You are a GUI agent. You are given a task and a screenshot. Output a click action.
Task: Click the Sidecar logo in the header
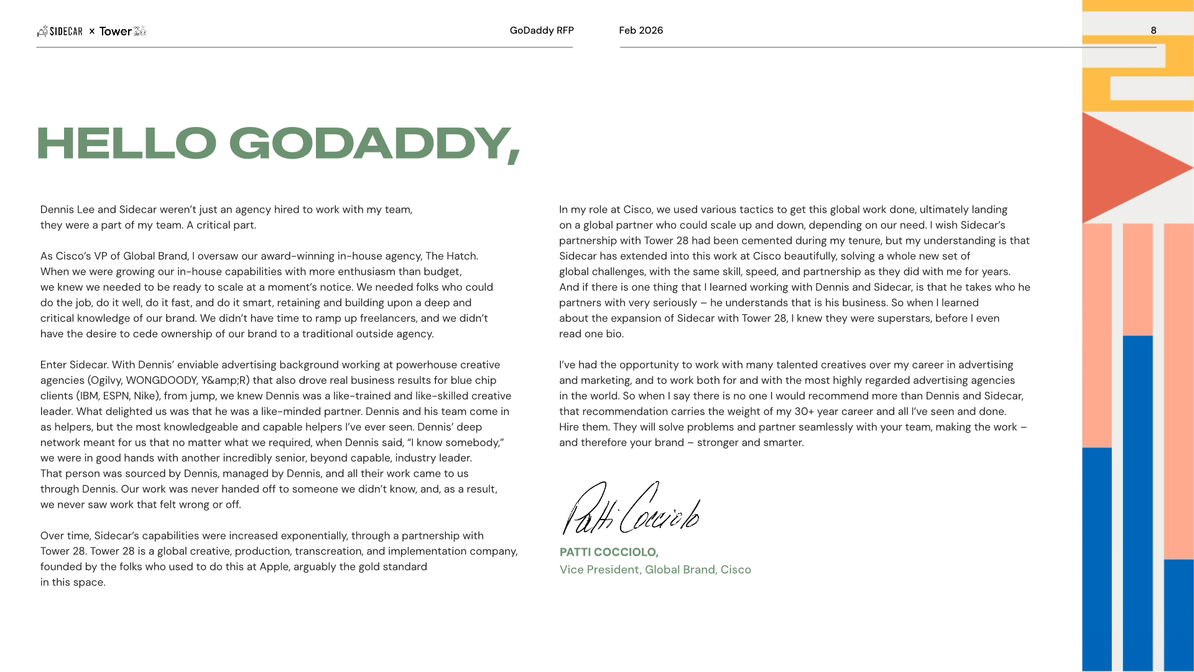tap(60, 31)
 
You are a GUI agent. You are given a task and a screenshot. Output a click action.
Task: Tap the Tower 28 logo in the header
tap(123, 31)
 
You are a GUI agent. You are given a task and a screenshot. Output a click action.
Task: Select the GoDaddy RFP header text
tap(541, 30)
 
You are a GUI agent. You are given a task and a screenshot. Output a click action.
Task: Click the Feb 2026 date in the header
tap(641, 30)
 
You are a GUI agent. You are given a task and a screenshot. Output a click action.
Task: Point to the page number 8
tap(1153, 30)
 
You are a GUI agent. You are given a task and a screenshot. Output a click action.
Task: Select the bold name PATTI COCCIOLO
tap(608, 552)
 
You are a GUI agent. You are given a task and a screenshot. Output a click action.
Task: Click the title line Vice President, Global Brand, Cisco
tap(655, 569)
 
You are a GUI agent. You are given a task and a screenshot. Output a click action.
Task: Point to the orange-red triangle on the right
tap(1126, 168)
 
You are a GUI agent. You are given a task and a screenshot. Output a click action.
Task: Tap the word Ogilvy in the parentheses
tap(105, 380)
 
